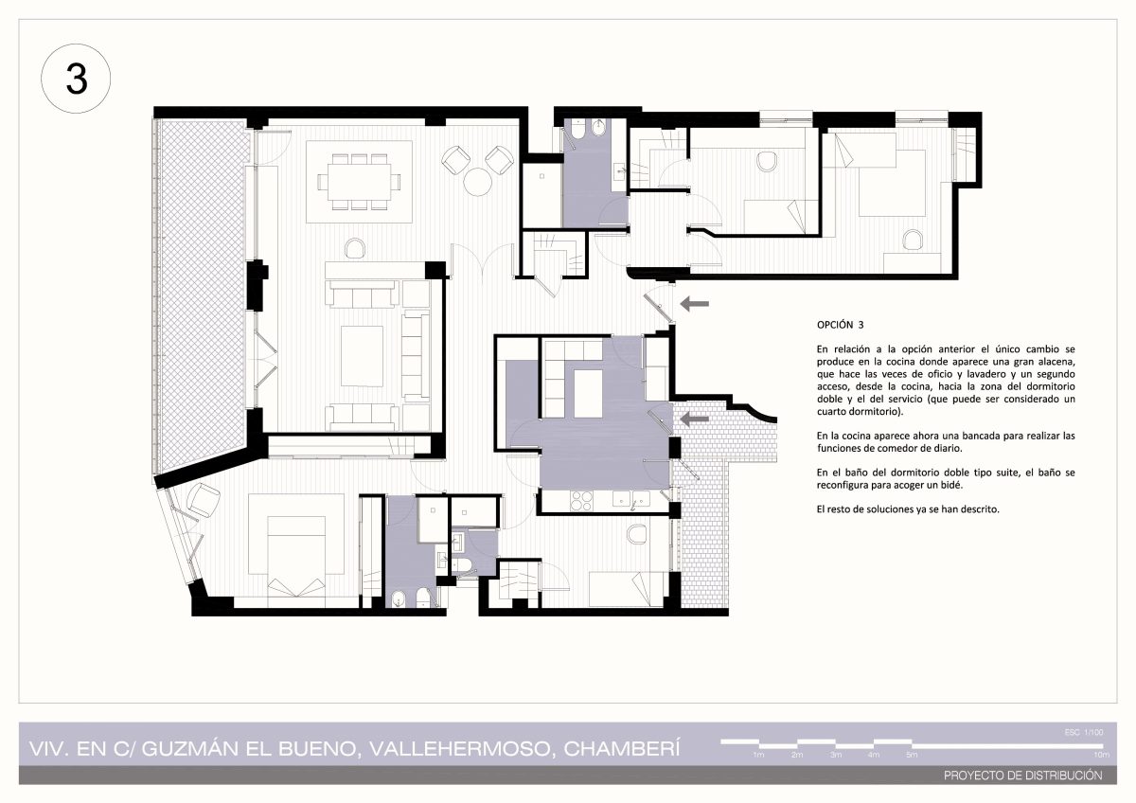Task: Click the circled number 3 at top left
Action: (x=76, y=79)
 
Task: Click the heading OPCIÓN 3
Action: (x=840, y=325)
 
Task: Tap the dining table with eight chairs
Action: (x=359, y=182)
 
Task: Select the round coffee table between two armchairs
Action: (x=477, y=182)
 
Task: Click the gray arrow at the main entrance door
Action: (x=694, y=304)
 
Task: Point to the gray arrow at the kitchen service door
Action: (x=694, y=419)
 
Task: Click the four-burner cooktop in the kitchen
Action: (x=581, y=501)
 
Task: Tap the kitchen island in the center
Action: (x=588, y=394)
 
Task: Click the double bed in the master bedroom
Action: (x=296, y=556)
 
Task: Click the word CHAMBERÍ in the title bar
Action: (x=622, y=749)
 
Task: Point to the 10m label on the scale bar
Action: (x=1102, y=755)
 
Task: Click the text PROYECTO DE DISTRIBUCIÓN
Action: (x=1023, y=776)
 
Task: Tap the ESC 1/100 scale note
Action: (x=1084, y=732)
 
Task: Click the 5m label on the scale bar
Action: (x=912, y=755)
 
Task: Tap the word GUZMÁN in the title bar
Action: (x=189, y=749)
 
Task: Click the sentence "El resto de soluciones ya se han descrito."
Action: (x=908, y=509)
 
